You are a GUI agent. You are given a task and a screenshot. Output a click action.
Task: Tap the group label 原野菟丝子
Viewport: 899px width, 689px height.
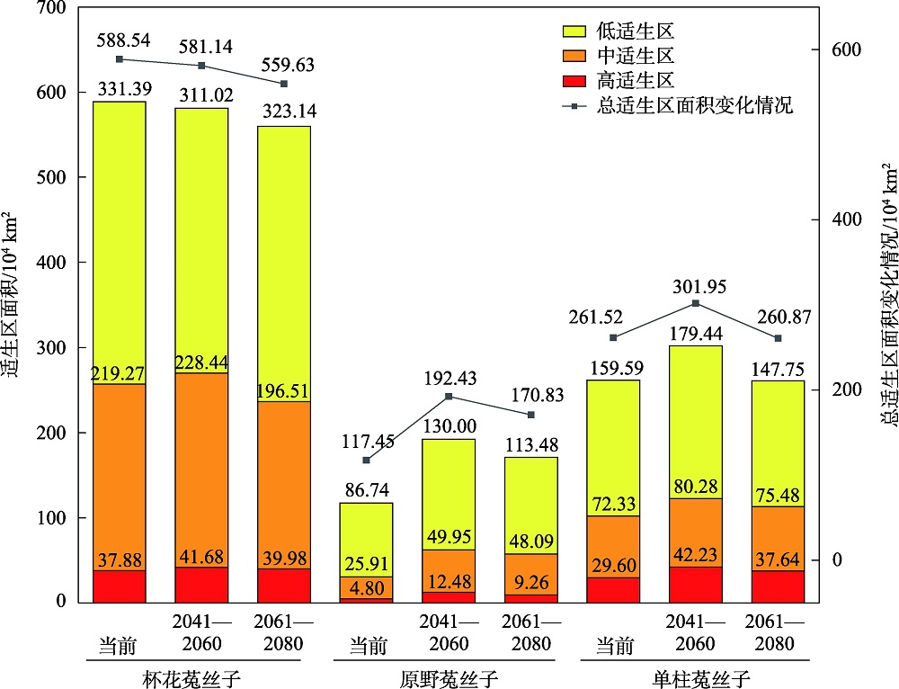pyautogui.click(x=448, y=677)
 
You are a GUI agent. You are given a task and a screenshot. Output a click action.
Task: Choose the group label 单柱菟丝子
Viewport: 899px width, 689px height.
pyautogui.click(x=695, y=677)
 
